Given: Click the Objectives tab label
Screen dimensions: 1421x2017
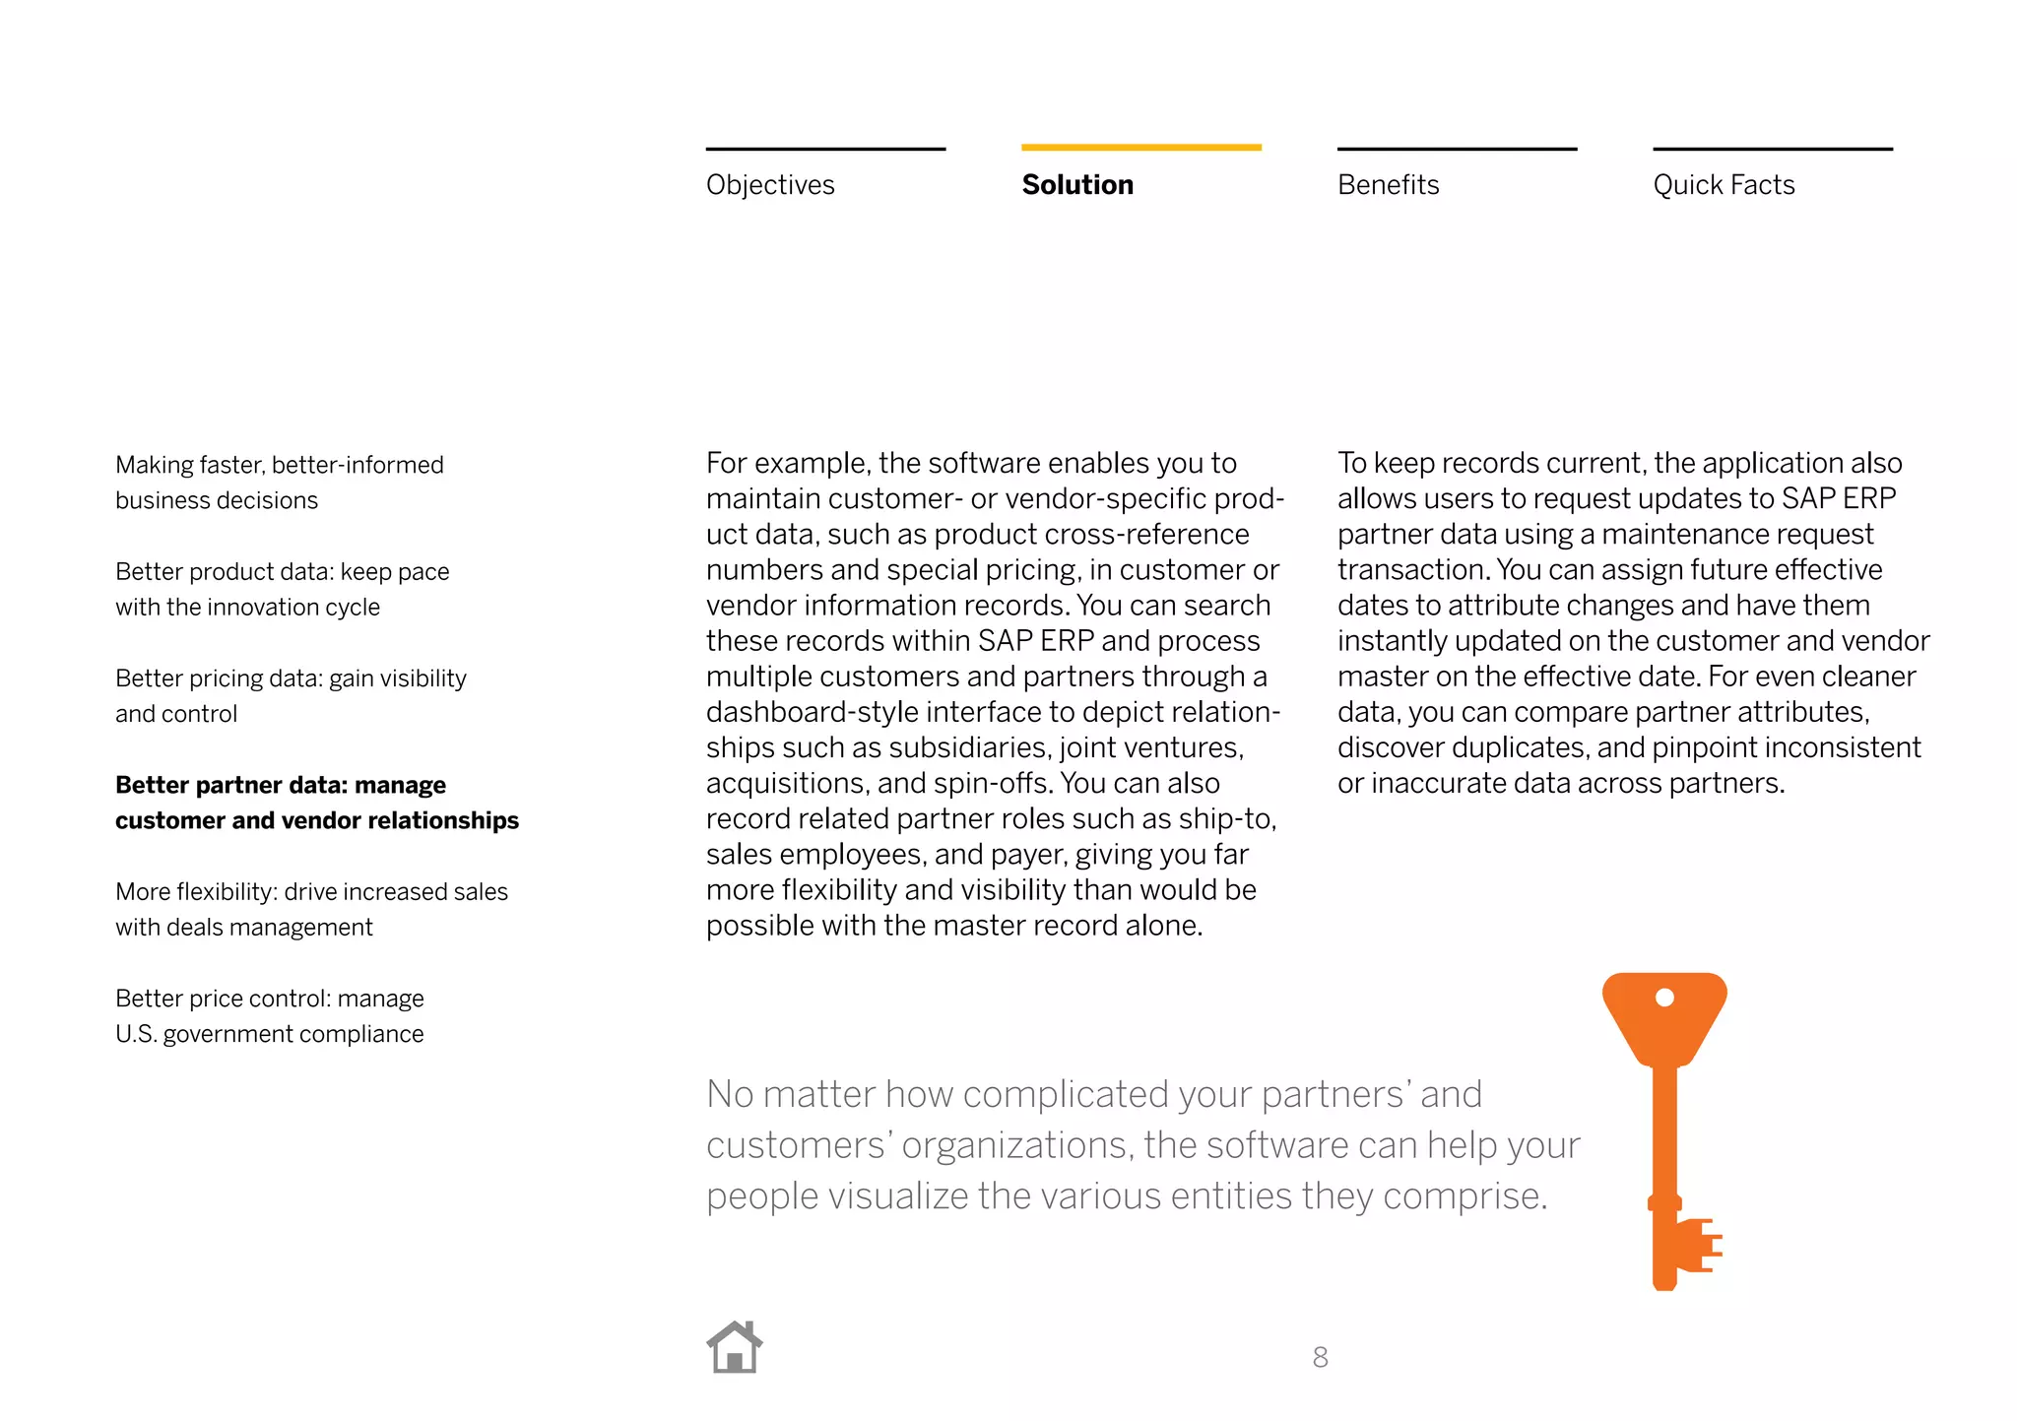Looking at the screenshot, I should [x=770, y=185].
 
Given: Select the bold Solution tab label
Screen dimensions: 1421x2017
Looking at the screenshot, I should [x=1077, y=185].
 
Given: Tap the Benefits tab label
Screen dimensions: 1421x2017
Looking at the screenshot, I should [x=1388, y=185].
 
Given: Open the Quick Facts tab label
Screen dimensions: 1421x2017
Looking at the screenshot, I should [x=1724, y=185].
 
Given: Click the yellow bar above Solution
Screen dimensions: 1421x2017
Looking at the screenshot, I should [x=1140, y=148].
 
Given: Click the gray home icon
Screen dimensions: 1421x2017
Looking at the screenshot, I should [x=735, y=1348].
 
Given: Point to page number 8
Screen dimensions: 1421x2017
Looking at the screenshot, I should [x=1320, y=1358].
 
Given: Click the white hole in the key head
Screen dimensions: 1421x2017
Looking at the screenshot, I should [x=1664, y=998].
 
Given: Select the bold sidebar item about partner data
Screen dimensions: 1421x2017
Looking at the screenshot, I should [x=316, y=803].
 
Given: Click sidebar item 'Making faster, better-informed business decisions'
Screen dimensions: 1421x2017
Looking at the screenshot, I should [x=279, y=483].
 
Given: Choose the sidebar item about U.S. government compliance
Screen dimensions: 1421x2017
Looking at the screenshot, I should [x=269, y=1016].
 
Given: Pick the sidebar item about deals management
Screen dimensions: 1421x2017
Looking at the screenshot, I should [x=311, y=909].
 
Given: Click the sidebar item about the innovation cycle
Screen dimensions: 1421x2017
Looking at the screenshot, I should [x=282, y=589].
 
